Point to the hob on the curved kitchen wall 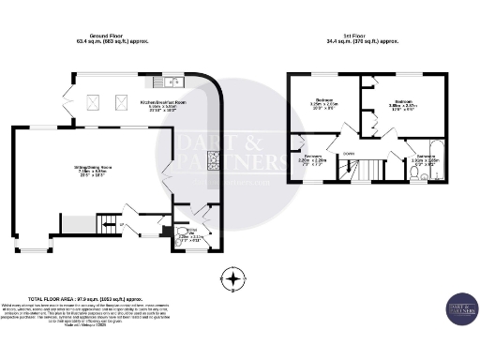coord(213,159)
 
